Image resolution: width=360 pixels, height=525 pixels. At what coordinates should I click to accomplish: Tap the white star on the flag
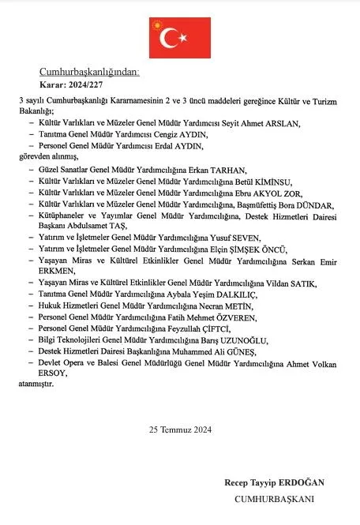[x=182, y=36]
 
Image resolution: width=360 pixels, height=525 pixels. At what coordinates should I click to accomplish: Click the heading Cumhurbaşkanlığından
[x=89, y=72]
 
